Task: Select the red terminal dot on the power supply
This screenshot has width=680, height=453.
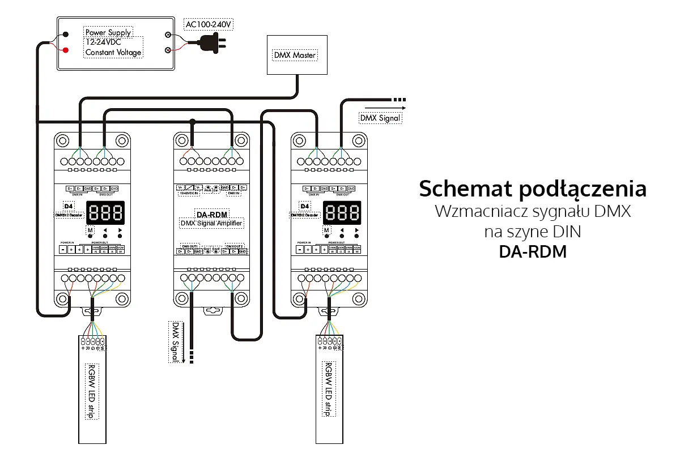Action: pyautogui.click(x=66, y=50)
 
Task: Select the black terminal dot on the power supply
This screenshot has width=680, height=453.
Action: pyautogui.click(x=66, y=34)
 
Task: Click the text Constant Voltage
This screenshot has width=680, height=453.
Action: pyautogui.click(x=113, y=53)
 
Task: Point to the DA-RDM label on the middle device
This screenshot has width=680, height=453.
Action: pyautogui.click(x=211, y=214)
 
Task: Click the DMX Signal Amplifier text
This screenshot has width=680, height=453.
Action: pyautogui.click(x=211, y=223)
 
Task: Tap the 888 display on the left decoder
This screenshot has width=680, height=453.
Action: pyautogui.click(x=105, y=213)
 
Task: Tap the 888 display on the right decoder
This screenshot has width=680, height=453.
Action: pyautogui.click(x=341, y=213)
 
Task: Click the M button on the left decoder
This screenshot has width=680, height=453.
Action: pyautogui.click(x=90, y=230)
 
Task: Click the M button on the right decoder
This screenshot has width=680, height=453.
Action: pyautogui.click(x=326, y=230)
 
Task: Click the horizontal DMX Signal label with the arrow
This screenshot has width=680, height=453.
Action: pyautogui.click(x=380, y=118)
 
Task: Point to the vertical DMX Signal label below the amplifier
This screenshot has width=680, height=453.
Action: pyautogui.click(x=176, y=342)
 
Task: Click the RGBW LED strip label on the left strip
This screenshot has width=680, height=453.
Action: pyautogui.click(x=91, y=391)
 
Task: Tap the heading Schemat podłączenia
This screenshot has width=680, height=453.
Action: pyautogui.click(x=532, y=189)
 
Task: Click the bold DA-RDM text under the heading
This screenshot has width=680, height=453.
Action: pyautogui.click(x=532, y=251)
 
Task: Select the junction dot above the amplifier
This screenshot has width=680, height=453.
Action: pyautogui.click(x=193, y=121)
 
